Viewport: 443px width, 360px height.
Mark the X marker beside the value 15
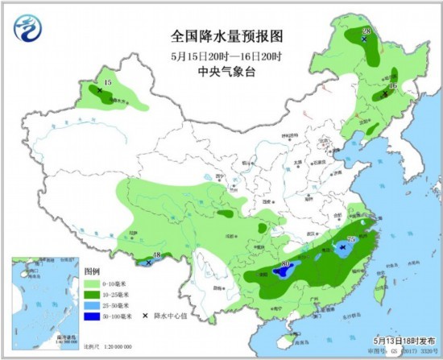coord(100,91)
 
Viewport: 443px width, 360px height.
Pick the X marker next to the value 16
coord(385,94)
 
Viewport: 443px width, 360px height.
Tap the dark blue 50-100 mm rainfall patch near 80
coord(282,272)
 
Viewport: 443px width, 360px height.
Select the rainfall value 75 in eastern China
coord(350,240)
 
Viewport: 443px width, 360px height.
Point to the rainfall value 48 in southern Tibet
coord(156,256)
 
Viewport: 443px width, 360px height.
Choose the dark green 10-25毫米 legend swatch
coord(92,296)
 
